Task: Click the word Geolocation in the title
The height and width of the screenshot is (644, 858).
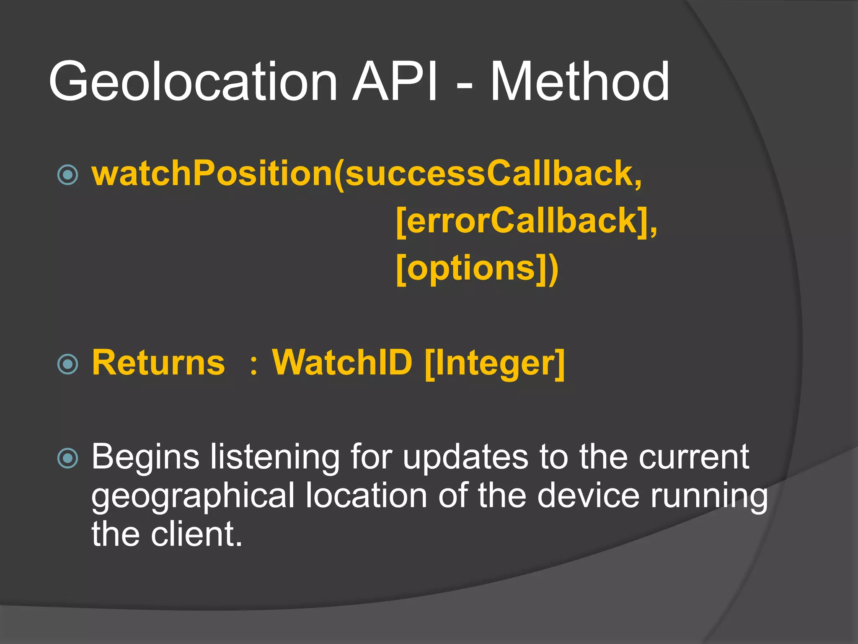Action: pyautogui.click(x=193, y=82)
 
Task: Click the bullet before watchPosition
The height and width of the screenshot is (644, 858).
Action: pyautogui.click(x=67, y=175)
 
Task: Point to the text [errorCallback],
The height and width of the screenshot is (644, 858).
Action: pyautogui.click(x=526, y=221)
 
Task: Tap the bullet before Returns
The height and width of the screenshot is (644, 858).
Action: pyautogui.click(x=67, y=364)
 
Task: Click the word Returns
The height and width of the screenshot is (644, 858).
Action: pyautogui.click(x=158, y=363)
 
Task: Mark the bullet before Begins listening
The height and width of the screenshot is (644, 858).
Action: pyautogui.click(x=67, y=458)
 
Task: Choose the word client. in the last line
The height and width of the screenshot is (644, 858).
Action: pyautogui.click(x=196, y=535)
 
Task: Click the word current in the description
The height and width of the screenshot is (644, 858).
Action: pyautogui.click(x=694, y=457)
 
